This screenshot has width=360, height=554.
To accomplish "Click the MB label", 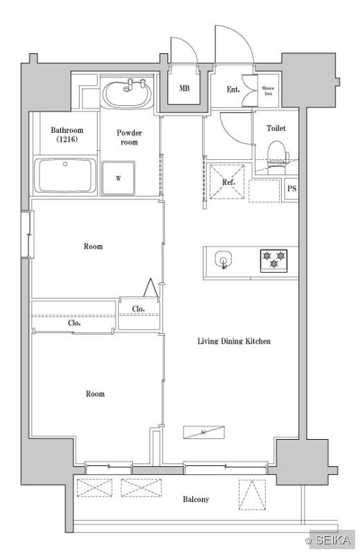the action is click(x=184, y=88).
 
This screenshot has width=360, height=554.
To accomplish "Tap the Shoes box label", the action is click(x=268, y=91).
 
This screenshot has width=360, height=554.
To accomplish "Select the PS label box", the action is click(x=291, y=188).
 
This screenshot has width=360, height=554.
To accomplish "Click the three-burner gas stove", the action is click(x=273, y=261).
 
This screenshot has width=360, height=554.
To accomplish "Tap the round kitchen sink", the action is click(x=223, y=259).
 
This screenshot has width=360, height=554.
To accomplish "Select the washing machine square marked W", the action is click(x=118, y=178).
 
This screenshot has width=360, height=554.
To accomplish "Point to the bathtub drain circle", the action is click(x=64, y=164).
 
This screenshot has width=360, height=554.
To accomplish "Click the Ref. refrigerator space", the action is click(x=227, y=181).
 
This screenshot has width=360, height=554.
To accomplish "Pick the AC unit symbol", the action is click(x=204, y=432).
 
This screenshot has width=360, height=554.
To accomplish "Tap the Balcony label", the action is click(x=196, y=499).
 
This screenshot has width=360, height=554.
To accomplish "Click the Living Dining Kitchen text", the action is click(x=234, y=341).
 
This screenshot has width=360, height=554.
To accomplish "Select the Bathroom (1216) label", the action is click(x=67, y=134).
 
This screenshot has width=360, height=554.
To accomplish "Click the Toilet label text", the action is click(x=276, y=128).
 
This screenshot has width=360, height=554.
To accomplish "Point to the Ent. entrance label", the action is click(x=233, y=89).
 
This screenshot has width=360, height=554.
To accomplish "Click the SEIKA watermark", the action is click(x=329, y=539).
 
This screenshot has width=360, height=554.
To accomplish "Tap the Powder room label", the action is click(x=129, y=137).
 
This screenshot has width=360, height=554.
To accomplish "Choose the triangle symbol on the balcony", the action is click(x=252, y=494).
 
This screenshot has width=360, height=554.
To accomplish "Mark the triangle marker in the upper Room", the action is click(x=150, y=287).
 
